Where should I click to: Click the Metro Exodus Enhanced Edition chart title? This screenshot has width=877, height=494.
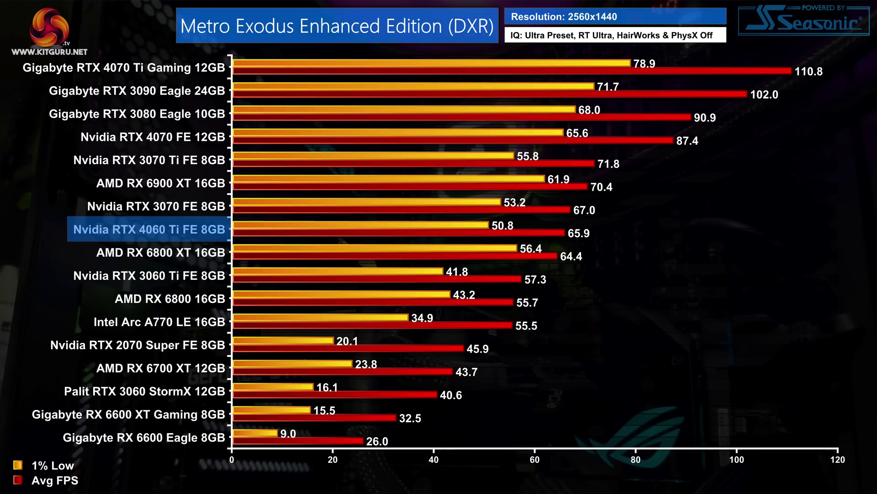pyautogui.click(x=337, y=26)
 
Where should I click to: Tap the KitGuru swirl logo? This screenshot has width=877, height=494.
pyautogui.click(x=49, y=27)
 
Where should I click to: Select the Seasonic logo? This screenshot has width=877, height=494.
pyautogui.click(x=804, y=21)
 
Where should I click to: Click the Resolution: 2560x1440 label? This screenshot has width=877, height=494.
pyautogui.click(x=564, y=17)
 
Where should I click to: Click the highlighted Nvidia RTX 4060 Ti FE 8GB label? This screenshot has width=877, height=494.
pyautogui.click(x=149, y=229)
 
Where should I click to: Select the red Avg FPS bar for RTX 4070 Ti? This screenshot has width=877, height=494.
pyautogui.click(x=512, y=71)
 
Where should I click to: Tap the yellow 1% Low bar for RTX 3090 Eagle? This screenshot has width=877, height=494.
pyautogui.click(x=413, y=86)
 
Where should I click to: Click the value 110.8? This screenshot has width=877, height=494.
pyautogui.click(x=808, y=71)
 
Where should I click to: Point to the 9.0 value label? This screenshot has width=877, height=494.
pyautogui.click(x=288, y=434)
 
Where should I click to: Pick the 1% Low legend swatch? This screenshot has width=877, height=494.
pyautogui.click(x=18, y=465)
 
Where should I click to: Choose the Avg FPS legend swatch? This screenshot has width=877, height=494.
pyautogui.click(x=18, y=480)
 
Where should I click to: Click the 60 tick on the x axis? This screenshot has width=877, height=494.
pyautogui.click(x=534, y=459)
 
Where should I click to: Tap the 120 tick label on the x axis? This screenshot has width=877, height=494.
pyautogui.click(x=837, y=459)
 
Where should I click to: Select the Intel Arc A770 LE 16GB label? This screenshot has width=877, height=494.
pyautogui.click(x=159, y=322)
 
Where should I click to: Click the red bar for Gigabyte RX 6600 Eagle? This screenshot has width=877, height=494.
pyautogui.click(x=298, y=441)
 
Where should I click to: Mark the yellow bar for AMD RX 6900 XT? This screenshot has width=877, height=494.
pyautogui.click(x=388, y=179)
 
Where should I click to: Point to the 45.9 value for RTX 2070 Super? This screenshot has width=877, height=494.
pyautogui.click(x=477, y=349)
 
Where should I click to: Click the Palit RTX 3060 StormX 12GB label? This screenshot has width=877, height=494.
pyautogui.click(x=144, y=392)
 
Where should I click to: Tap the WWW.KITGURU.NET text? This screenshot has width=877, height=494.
pyautogui.click(x=49, y=52)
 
